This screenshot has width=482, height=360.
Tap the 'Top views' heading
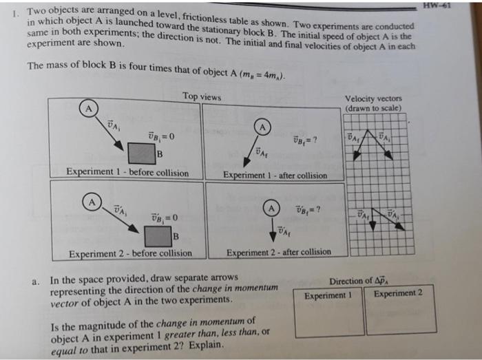pyautogui.click(x=202, y=97)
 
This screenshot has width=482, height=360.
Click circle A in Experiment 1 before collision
pyautogui.click(x=87, y=109)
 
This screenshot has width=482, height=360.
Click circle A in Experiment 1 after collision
pyautogui.click(x=263, y=127)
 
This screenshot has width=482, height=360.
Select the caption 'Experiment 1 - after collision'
pyautogui.click(x=275, y=175)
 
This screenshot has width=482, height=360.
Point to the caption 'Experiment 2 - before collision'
pyautogui.click(x=130, y=253)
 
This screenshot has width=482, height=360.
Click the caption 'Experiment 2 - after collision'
pyautogui.click(x=279, y=252)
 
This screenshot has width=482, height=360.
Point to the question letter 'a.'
pyautogui.click(x=35, y=282)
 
